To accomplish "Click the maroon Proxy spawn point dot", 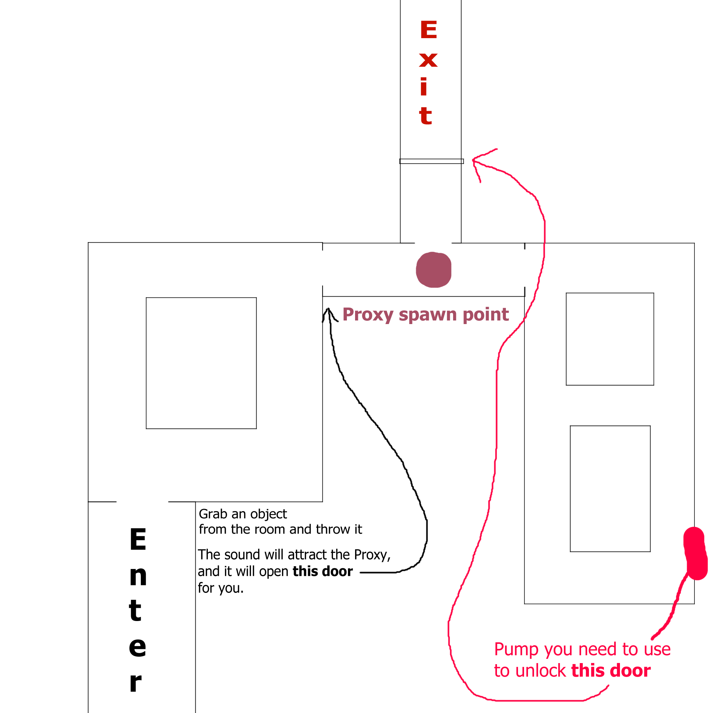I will click(x=433, y=270).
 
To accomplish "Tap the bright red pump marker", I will click(x=695, y=553).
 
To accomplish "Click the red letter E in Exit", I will click(x=429, y=30).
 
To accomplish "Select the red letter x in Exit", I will click(x=428, y=60).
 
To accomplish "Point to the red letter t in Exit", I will click(x=426, y=116).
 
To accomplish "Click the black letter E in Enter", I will click(x=138, y=539).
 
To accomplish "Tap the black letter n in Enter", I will click(x=138, y=576).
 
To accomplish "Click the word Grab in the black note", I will click(x=213, y=514).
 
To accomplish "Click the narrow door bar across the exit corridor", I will click(x=431, y=161).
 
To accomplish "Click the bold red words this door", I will click(x=611, y=671).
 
